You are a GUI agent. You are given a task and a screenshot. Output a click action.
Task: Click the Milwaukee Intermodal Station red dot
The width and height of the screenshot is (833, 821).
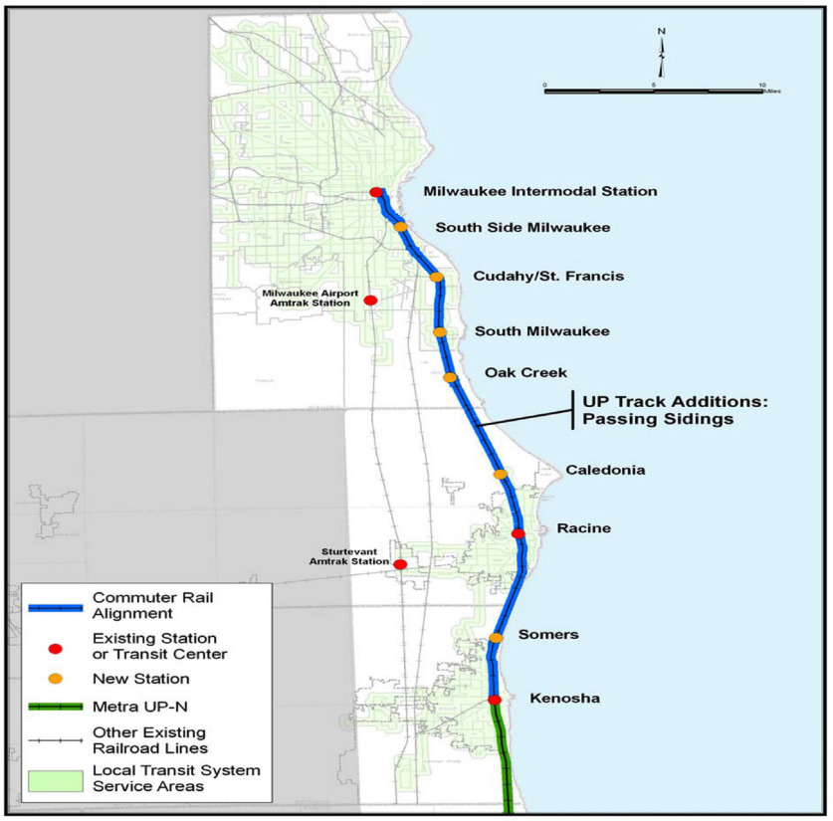pos(375,192)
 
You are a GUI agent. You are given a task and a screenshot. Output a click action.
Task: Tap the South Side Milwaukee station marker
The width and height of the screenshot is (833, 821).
pos(401,227)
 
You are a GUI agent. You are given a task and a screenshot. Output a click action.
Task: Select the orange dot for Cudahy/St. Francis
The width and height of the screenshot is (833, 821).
pos(436,277)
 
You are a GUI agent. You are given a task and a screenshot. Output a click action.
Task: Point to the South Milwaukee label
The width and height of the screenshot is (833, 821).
pos(541,331)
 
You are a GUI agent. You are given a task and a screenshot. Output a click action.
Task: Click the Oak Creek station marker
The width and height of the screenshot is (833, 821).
pos(450,377)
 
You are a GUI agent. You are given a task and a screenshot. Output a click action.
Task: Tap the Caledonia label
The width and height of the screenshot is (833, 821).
pos(605,470)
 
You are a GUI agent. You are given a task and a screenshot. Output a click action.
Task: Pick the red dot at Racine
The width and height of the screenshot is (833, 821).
pos(518,534)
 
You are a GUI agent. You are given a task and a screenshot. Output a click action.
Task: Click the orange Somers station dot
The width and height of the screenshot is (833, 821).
pos(496,638)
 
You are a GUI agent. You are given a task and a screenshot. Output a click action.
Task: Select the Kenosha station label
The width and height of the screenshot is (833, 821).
pos(564,699)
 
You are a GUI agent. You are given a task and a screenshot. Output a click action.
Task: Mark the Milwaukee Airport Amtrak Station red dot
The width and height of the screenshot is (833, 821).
pos(370,301)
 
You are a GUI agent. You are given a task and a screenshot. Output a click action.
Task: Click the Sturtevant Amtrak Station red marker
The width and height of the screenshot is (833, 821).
pos(400,564)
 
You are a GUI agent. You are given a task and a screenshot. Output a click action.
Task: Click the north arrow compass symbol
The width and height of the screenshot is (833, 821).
pos(661,55)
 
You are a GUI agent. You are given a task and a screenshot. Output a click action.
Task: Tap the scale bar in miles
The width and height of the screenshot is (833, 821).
pos(653,91)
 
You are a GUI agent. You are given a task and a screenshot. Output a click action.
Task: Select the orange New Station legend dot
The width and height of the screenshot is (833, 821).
pos(56,679)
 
